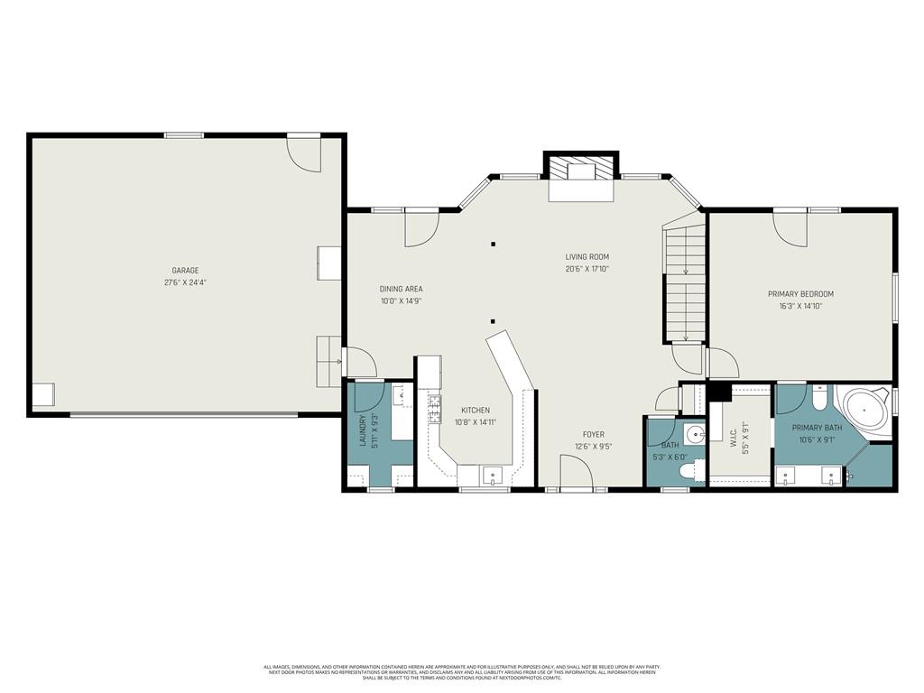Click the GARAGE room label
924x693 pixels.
[x=185, y=271]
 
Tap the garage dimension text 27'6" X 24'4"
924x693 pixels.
[x=185, y=282]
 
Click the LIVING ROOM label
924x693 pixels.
[x=587, y=257]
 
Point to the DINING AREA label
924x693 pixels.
[x=401, y=290]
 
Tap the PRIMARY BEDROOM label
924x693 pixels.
[x=800, y=294]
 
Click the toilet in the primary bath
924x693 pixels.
[x=818, y=398]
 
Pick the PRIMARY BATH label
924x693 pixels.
[x=817, y=428]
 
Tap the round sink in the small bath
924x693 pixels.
[x=695, y=436]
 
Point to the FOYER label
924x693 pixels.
[x=593, y=435]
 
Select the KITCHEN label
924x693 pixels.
[x=476, y=411]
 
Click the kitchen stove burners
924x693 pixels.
[x=434, y=404]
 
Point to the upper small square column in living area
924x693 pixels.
[x=493, y=244]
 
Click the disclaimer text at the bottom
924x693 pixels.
[x=461, y=672]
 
